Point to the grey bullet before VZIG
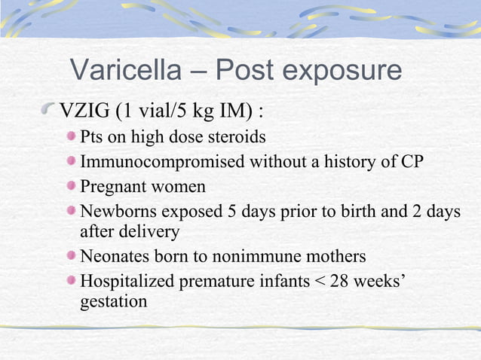(x=50, y=112)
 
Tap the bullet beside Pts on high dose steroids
(x=71, y=138)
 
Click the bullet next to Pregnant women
(x=71, y=185)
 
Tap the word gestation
(x=113, y=302)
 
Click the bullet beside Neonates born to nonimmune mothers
(x=71, y=256)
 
